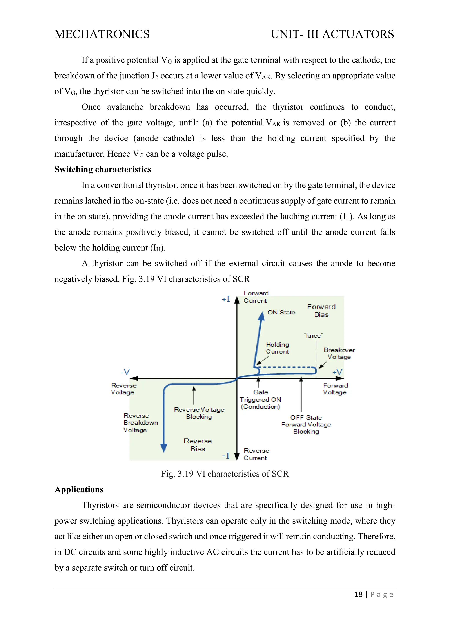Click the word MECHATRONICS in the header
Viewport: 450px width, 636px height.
pyautogui.click(x=102, y=34)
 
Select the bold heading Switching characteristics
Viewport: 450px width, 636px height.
pyautogui.click(x=103, y=170)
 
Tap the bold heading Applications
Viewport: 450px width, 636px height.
pyautogui.click(x=79, y=490)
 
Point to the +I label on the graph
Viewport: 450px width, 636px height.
pyautogui.click(x=226, y=299)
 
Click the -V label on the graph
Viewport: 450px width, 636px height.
pyautogui.click(x=125, y=372)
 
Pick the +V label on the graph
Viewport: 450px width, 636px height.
pyautogui.click(x=337, y=372)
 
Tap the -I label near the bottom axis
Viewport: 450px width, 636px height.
pyautogui.click(x=226, y=456)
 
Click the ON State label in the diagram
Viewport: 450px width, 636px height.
pyautogui.click(x=281, y=313)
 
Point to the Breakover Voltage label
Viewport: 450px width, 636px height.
pyautogui.click(x=339, y=353)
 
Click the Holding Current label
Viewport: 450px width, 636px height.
pyautogui.click(x=277, y=348)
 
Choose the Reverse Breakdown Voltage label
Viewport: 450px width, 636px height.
pyautogui.click(x=140, y=423)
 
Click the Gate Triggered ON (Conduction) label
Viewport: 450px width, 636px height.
pyautogui.click(x=260, y=399)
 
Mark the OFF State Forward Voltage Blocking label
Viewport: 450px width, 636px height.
pyautogui.click(x=306, y=424)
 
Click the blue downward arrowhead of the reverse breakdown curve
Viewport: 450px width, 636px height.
pyautogui.click(x=164, y=448)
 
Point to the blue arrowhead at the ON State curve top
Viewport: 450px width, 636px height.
pyautogui.click(x=261, y=316)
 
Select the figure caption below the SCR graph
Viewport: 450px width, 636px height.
pyautogui.click(x=225, y=474)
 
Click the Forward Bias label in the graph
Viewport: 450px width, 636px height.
pyautogui.click(x=321, y=311)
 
